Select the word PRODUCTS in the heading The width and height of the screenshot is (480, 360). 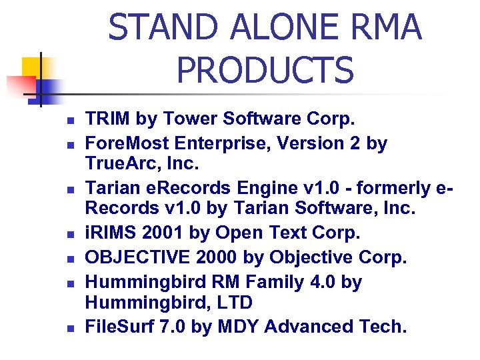(x=265, y=69)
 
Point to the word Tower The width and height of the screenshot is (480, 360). (x=187, y=119)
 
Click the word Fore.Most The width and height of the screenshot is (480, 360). (x=126, y=143)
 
